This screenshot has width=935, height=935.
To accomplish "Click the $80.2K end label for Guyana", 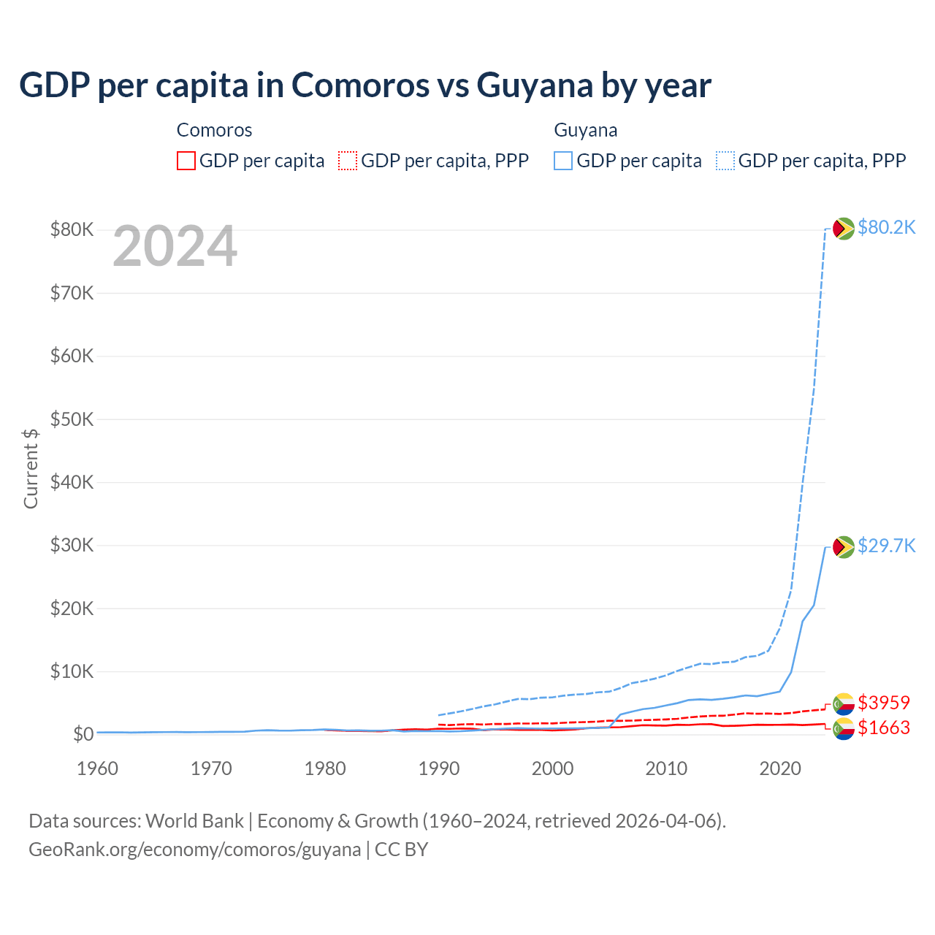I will pyautogui.click(x=886, y=228).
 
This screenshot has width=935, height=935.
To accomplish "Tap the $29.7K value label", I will pyautogui.click(x=886, y=546).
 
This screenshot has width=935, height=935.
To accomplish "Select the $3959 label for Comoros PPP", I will pyautogui.click(x=884, y=703).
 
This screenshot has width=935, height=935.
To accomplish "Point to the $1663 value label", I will pyautogui.click(x=884, y=728).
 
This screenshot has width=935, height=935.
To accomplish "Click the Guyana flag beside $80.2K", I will pyautogui.click(x=844, y=229).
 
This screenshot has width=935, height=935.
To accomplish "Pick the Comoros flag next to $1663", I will pyautogui.click(x=844, y=729).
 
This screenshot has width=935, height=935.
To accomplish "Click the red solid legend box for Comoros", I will pyautogui.click(x=186, y=161).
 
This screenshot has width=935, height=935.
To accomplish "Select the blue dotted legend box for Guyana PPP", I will pyautogui.click(x=725, y=161).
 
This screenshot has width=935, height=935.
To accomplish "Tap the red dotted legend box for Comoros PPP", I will pyautogui.click(x=348, y=161).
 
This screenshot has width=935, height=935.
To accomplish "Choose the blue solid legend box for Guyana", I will pyautogui.click(x=563, y=161).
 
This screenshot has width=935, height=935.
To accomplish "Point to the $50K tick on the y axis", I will pyautogui.click(x=72, y=419).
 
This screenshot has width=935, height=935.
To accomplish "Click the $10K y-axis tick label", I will pyautogui.click(x=72, y=671).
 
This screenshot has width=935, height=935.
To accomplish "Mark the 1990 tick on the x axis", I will pyautogui.click(x=439, y=768).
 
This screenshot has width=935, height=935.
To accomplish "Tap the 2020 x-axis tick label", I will pyautogui.click(x=780, y=768).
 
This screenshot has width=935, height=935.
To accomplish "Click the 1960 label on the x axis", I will pyautogui.click(x=98, y=768).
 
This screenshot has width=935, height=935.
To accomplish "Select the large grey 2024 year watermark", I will pyautogui.click(x=175, y=247).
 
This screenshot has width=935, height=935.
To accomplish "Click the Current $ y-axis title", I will pyautogui.click(x=31, y=468).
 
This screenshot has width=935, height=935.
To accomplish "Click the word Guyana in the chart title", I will pyautogui.click(x=535, y=85).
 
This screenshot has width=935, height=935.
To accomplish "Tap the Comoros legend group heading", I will pyautogui.click(x=214, y=130).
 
